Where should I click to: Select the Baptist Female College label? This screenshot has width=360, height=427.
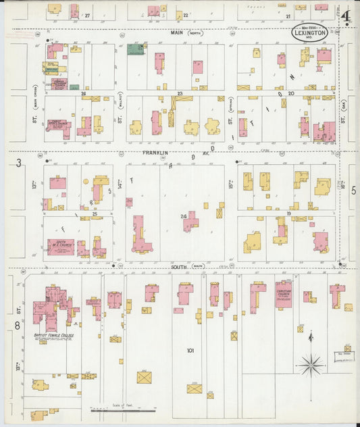pos(55,335)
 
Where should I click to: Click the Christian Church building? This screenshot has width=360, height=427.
pos(283,295)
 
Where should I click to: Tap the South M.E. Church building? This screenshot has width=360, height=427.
pos(61,247)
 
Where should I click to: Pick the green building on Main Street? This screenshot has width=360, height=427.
pos(136,49)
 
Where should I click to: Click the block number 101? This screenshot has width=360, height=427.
pos(190,351)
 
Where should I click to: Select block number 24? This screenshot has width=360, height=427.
pos(183,216)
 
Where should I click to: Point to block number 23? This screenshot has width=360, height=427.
pos(180,93)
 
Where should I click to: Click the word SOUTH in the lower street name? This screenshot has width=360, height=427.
pos(178,267)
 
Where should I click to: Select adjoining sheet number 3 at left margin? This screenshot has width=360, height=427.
pos(19,162)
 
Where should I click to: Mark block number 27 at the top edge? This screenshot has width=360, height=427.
pos(86,14)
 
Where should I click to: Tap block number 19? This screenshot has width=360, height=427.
pos(288,214)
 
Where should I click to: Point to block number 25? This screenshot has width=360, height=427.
pos(95,214)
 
